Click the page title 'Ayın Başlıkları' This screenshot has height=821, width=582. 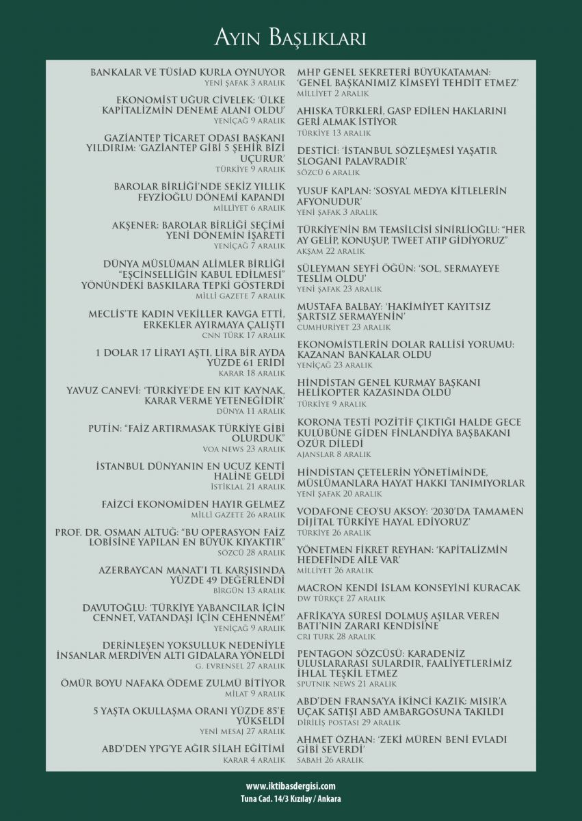[291, 38]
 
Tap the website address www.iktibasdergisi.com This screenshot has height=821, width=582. [291, 787]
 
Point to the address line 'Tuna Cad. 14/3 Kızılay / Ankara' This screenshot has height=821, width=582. [291, 798]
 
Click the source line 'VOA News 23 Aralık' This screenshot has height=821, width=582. [243, 449]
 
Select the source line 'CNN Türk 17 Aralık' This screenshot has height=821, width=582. [243, 335]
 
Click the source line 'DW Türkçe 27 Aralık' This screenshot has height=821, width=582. [332, 598]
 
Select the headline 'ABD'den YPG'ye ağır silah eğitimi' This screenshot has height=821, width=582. [194, 748]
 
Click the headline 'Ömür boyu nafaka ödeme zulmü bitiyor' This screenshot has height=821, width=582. [190, 683]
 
